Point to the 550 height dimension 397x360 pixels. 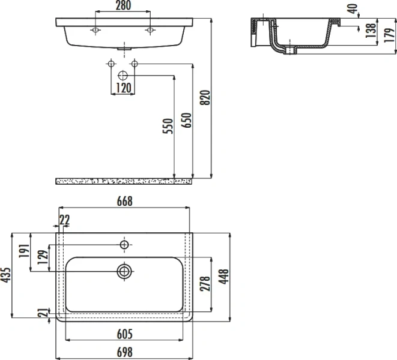tap(168, 126)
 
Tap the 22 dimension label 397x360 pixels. tap(65, 220)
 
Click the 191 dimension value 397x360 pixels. tap(25, 250)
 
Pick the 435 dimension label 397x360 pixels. tap(7, 274)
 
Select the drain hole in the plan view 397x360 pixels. tap(124, 271)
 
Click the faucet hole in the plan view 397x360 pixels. tap(124, 244)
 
